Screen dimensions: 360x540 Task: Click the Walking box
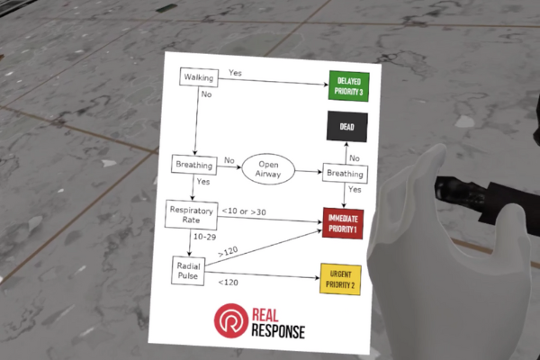[198, 78]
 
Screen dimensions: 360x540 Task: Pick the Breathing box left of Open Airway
[195, 165]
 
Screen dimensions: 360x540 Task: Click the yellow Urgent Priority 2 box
[341, 279]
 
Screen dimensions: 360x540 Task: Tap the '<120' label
[229, 283]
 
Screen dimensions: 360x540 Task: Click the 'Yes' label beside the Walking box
[236, 71]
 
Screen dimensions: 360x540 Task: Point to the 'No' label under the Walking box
[207, 94]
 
